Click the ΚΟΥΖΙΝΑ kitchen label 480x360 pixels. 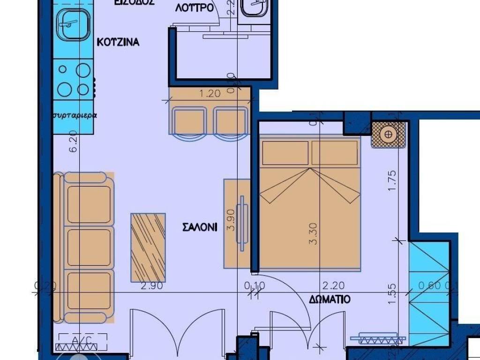(x=118, y=42)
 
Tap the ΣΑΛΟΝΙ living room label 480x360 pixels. (x=200, y=227)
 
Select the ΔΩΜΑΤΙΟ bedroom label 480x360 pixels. (x=330, y=299)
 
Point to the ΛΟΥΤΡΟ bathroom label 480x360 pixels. (x=195, y=8)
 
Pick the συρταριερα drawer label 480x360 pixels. (x=75, y=115)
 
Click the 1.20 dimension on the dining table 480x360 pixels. (x=210, y=93)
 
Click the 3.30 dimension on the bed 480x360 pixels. (x=314, y=233)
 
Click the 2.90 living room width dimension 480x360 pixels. (x=152, y=285)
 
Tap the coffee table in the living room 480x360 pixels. (x=148, y=247)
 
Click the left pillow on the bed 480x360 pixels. (x=285, y=153)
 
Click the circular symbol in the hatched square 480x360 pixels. (x=388, y=135)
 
